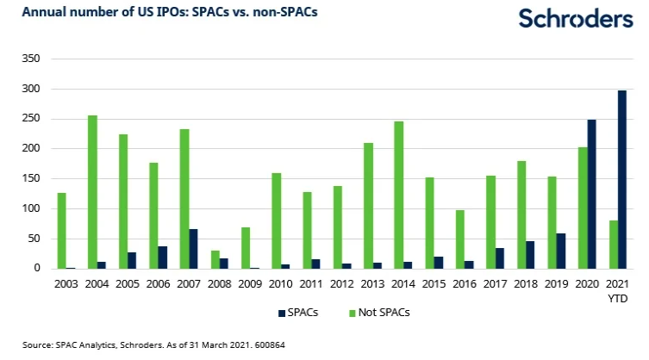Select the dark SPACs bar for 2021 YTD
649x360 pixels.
tap(622, 179)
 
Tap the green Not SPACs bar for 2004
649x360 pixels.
tap(92, 191)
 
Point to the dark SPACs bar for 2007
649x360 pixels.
tap(194, 249)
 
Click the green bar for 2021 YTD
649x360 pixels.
tap(614, 245)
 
